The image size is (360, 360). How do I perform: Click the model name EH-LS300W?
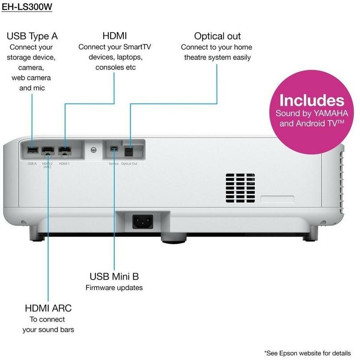(x=27, y=8)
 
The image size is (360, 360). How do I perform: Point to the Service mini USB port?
(x=114, y=148)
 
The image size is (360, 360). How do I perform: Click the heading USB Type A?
(x=32, y=36)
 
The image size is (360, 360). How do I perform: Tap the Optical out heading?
(x=217, y=36)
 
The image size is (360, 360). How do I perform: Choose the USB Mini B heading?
(x=114, y=277)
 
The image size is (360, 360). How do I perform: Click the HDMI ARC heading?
(x=48, y=308)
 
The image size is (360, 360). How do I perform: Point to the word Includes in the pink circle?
(x=311, y=100)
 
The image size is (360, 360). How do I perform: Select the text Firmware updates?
(x=114, y=288)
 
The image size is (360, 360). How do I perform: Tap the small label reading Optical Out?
(x=129, y=164)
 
